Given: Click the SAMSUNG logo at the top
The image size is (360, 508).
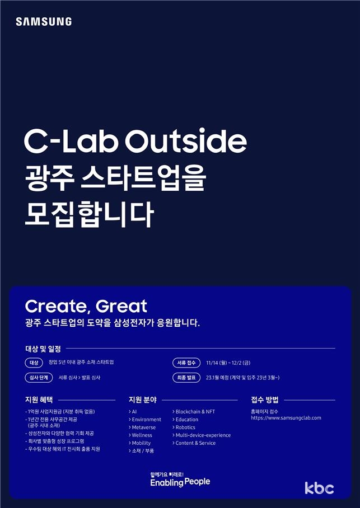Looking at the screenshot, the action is pyautogui.click(x=44, y=22).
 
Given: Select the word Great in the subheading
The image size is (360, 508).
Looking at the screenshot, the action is pyautogui.click(x=121, y=307).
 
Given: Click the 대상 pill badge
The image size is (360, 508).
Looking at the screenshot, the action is pyautogui.click(x=34, y=363).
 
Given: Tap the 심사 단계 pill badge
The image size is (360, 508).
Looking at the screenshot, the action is pyautogui.click(x=39, y=378).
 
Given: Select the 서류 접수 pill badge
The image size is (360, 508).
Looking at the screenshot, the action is pyautogui.click(x=186, y=363).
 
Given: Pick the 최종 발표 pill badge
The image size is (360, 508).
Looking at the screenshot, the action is pyautogui.click(x=186, y=378).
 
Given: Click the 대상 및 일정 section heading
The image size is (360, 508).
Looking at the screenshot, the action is pyautogui.click(x=43, y=349).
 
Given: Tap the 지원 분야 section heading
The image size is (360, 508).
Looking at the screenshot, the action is pyautogui.click(x=143, y=400).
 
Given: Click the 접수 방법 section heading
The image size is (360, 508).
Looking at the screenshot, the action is pyautogui.click(x=265, y=400).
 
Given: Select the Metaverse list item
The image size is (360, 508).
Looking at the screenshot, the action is pyautogui.click(x=142, y=427).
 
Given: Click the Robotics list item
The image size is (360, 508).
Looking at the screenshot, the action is pyautogui.click(x=184, y=427).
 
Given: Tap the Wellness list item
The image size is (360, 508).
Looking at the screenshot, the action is pyautogui.click(x=141, y=435).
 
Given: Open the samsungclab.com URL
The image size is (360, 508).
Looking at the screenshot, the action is pyautogui.click(x=286, y=418).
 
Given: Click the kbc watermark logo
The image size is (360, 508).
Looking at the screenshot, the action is pyautogui.click(x=319, y=488).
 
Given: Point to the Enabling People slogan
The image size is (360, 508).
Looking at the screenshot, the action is pyautogui.click(x=180, y=482).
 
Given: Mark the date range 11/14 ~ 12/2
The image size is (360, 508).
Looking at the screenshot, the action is pyautogui.click(x=228, y=363).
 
